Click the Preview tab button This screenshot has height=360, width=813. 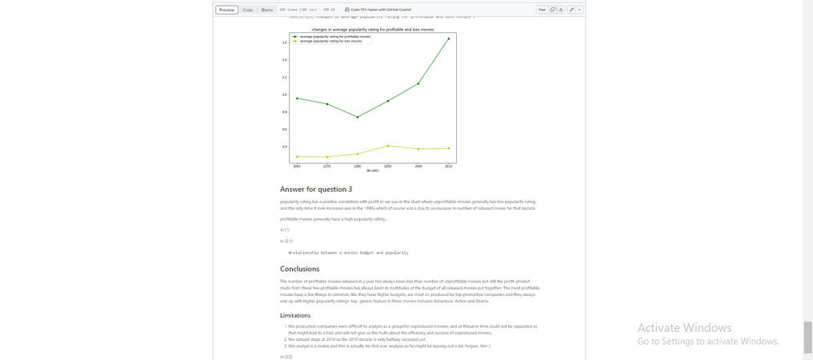coord(227,10)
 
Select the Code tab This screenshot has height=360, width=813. coord(248,10)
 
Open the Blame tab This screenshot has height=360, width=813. coord(267,10)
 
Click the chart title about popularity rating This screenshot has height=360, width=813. coord(372,29)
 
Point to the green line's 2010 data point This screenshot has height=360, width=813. coord(448,38)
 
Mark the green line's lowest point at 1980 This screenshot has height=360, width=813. coord(358,117)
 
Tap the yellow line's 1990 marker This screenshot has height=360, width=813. coord(388,146)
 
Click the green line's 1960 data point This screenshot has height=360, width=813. coord(297,98)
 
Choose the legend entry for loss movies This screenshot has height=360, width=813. coord(330,41)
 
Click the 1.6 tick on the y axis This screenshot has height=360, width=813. coord(284,42)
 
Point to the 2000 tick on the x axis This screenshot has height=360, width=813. coord(419,166)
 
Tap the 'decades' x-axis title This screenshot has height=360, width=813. coord(372,170)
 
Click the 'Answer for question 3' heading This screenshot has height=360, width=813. coord(316,189)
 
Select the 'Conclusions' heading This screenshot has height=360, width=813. coord(299,269)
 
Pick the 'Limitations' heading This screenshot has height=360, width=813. coord(295,315)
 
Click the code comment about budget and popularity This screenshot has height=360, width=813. coord(348,252)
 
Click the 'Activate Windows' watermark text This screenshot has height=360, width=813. coord(684,328)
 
